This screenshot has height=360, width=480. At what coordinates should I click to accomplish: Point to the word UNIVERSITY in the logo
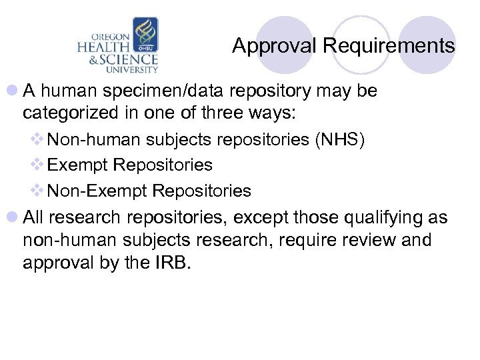click(133, 69)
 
